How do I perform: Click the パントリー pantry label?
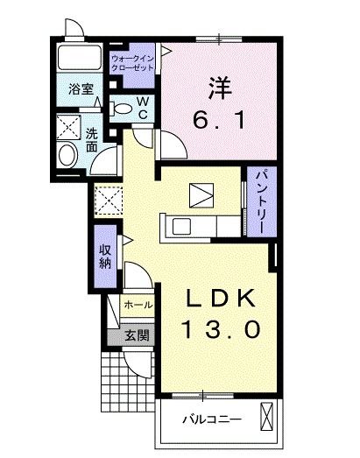click(260, 202)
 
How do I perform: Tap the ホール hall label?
click(138, 305)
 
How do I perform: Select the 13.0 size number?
click(221, 330)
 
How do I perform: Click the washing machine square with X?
click(67, 126)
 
